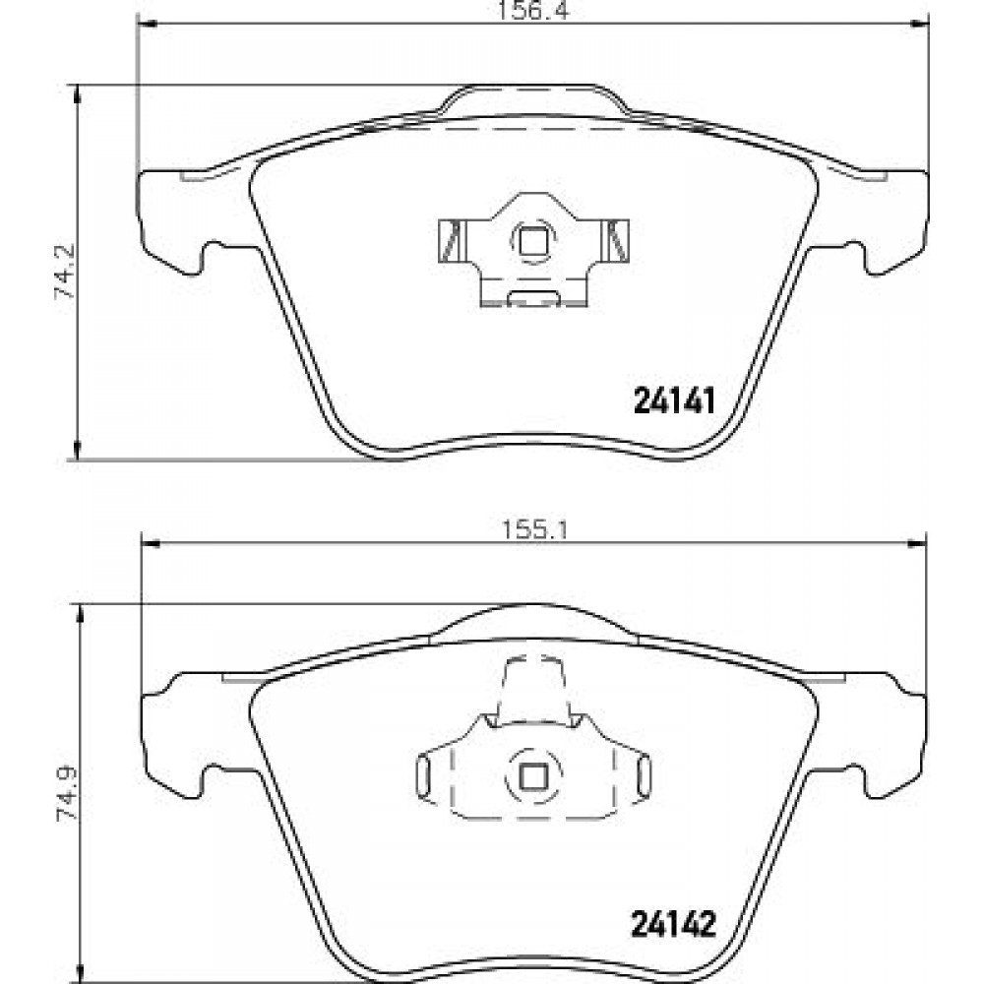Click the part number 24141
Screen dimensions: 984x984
[675, 401]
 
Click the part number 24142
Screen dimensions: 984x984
[673, 924]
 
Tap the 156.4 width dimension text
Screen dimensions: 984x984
[532, 10]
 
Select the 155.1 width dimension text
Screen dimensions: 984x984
[534, 531]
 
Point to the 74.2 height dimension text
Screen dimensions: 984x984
[65, 272]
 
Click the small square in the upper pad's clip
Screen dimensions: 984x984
[533, 240]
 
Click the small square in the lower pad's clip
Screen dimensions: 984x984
[533, 778]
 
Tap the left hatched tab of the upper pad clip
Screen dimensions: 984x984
[451, 240]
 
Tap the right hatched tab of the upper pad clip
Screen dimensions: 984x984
[616, 240]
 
